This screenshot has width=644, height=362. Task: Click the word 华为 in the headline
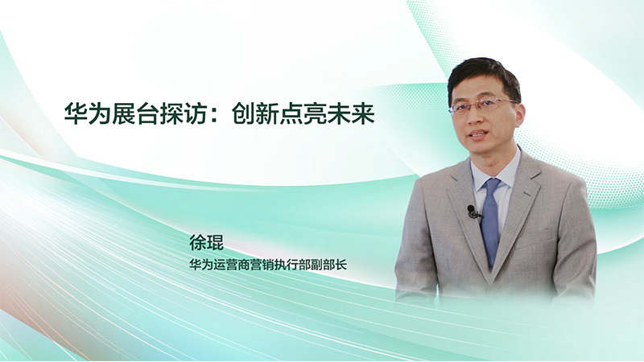tap(88, 113)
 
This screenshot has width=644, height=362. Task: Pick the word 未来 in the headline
tap(351, 113)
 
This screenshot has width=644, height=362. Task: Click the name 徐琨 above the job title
tap(207, 243)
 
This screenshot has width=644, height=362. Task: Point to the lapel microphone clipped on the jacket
tap(473, 212)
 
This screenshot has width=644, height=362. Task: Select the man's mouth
tap(478, 134)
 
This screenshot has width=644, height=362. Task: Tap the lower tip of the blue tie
tap(491, 269)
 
